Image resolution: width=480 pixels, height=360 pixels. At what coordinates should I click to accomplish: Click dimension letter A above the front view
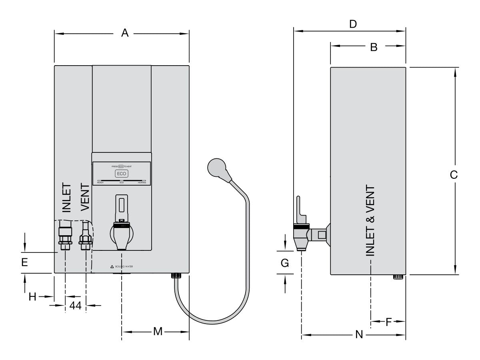(x=125, y=34)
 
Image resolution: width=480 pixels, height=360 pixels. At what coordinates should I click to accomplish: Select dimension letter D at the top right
(x=352, y=24)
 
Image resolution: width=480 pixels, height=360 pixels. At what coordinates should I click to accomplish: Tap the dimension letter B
(x=374, y=47)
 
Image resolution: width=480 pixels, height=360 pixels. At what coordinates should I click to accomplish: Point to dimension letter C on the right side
(x=454, y=175)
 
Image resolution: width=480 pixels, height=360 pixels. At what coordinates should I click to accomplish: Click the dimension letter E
(x=25, y=262)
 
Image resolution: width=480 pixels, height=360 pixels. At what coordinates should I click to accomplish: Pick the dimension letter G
(x=285, y=263)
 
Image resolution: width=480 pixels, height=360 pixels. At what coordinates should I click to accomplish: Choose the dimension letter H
(x=32, y=296)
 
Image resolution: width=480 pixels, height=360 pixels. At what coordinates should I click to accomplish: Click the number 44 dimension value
(x=76, y=306)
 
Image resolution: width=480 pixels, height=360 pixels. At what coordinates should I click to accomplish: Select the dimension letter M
(x=158, y=332)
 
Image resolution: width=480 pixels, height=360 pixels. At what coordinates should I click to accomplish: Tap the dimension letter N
(x=359, y=334)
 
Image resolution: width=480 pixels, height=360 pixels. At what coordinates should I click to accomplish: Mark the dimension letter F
(x=388, y=322)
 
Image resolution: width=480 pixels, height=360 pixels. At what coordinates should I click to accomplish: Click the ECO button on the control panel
(x=122, y=174)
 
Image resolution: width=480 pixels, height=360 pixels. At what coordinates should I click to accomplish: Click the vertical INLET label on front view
(x=66, y=198)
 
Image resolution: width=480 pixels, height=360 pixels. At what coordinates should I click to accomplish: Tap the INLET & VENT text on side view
(x=370, y=220)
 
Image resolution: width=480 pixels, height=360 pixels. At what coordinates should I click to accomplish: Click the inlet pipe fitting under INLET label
(x=65, y=239)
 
